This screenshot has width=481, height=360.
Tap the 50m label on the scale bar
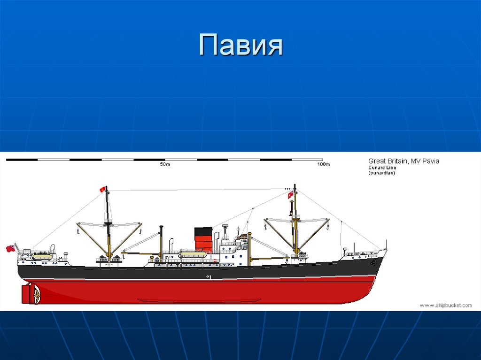(164, 165)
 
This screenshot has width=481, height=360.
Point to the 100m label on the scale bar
(324, 165)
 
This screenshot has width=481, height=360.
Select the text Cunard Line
(382, 168)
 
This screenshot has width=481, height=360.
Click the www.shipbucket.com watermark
(445, 306)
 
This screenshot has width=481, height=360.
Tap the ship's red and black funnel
(203, 239)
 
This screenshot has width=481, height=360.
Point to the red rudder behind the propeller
(25, 294)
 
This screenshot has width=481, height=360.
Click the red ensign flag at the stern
(9, 248)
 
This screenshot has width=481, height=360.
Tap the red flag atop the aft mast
(102, 189)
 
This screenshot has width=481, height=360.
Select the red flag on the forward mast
(291, 194)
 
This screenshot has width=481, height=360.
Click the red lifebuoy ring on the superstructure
(215, 260)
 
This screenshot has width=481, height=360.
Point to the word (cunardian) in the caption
(382, 173)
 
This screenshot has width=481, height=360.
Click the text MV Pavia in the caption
(425, 161)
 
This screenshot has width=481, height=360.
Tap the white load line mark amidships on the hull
(209, 277)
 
